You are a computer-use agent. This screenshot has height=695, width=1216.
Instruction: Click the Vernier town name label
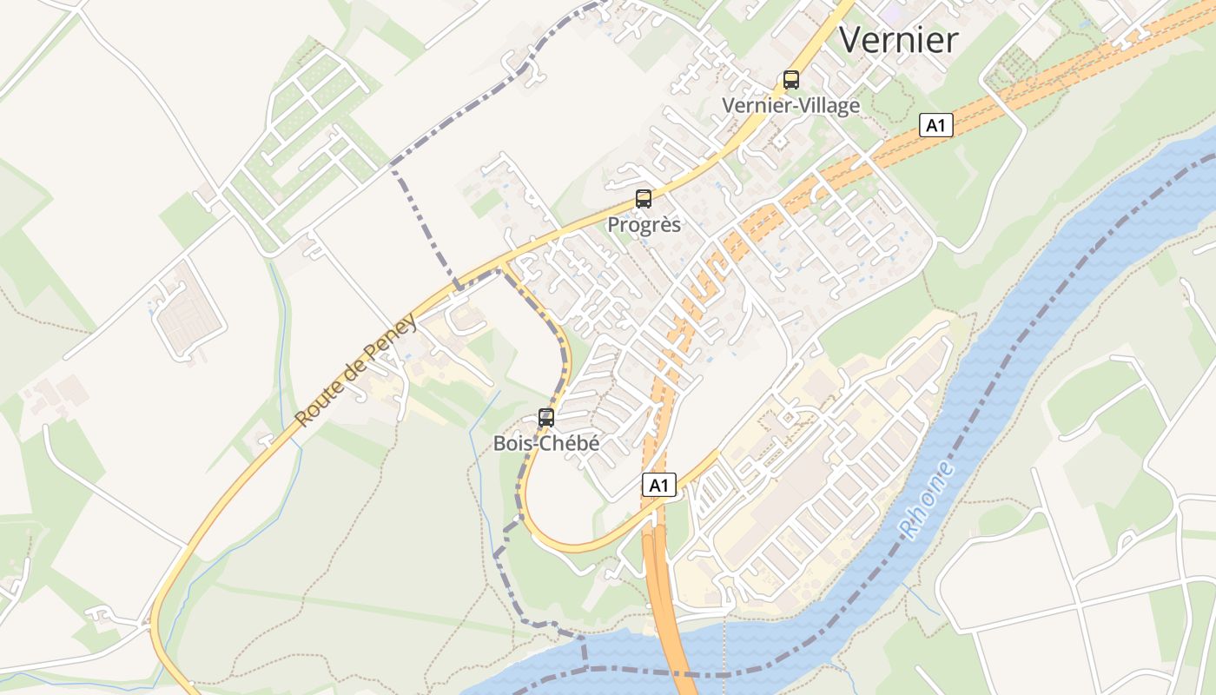(898, 40)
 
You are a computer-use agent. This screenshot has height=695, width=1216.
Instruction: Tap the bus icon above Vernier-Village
(791, 80)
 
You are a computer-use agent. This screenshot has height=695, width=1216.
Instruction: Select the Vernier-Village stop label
(791, 106)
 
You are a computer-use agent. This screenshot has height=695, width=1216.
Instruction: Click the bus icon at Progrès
(644, 198)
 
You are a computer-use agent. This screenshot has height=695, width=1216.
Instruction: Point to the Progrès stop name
(644, 225)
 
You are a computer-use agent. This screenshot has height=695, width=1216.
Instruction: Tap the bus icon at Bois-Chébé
(546, 417)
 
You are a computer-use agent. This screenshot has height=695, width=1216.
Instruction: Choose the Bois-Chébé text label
(546, 443)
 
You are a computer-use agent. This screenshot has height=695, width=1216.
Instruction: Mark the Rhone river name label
(926, 500)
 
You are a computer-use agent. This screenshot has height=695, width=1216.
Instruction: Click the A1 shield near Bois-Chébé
(659, 485)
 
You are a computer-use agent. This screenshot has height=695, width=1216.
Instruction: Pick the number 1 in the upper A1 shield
(942, 126)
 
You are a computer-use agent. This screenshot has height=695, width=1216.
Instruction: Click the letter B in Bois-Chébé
(499, 444)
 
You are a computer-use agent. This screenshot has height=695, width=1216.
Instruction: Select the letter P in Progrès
(613, 225)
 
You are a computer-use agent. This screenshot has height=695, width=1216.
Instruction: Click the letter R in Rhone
(907, 529)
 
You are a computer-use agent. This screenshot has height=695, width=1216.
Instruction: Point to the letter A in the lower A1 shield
(654, 485)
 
